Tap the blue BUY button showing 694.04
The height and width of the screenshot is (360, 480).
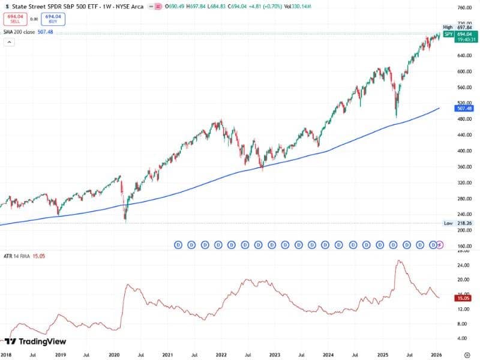(54, 19)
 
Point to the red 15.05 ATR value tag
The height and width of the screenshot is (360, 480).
(463, 298)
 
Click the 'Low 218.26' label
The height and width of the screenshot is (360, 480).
(457, 223)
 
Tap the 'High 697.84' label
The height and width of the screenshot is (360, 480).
(457, 27)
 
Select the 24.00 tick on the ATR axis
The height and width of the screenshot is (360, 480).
(463, 265)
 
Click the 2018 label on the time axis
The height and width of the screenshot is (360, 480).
(6, 355)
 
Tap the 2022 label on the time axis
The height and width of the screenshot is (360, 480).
(221, 355)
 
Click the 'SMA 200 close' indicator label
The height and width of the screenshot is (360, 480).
(19, 32)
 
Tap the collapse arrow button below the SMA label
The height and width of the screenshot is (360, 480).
(9, 42)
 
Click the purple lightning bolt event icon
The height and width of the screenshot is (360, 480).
(440, 245)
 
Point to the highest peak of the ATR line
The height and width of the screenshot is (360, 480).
(399, 260)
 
